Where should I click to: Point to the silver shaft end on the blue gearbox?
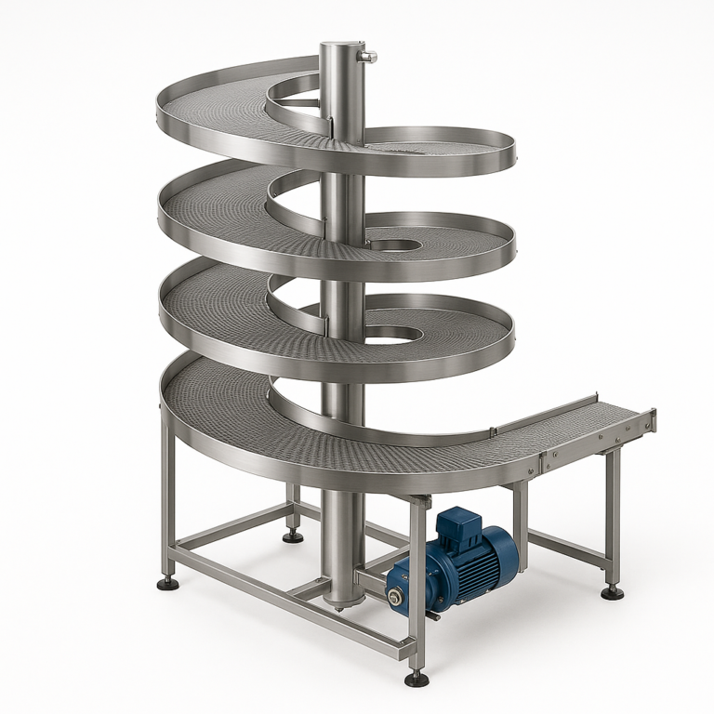tap(395, 598)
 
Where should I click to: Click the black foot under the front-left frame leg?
tap(168, 583)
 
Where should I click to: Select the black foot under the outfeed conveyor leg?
tap(612, 592)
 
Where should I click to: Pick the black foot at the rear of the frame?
tap(293, 535)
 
